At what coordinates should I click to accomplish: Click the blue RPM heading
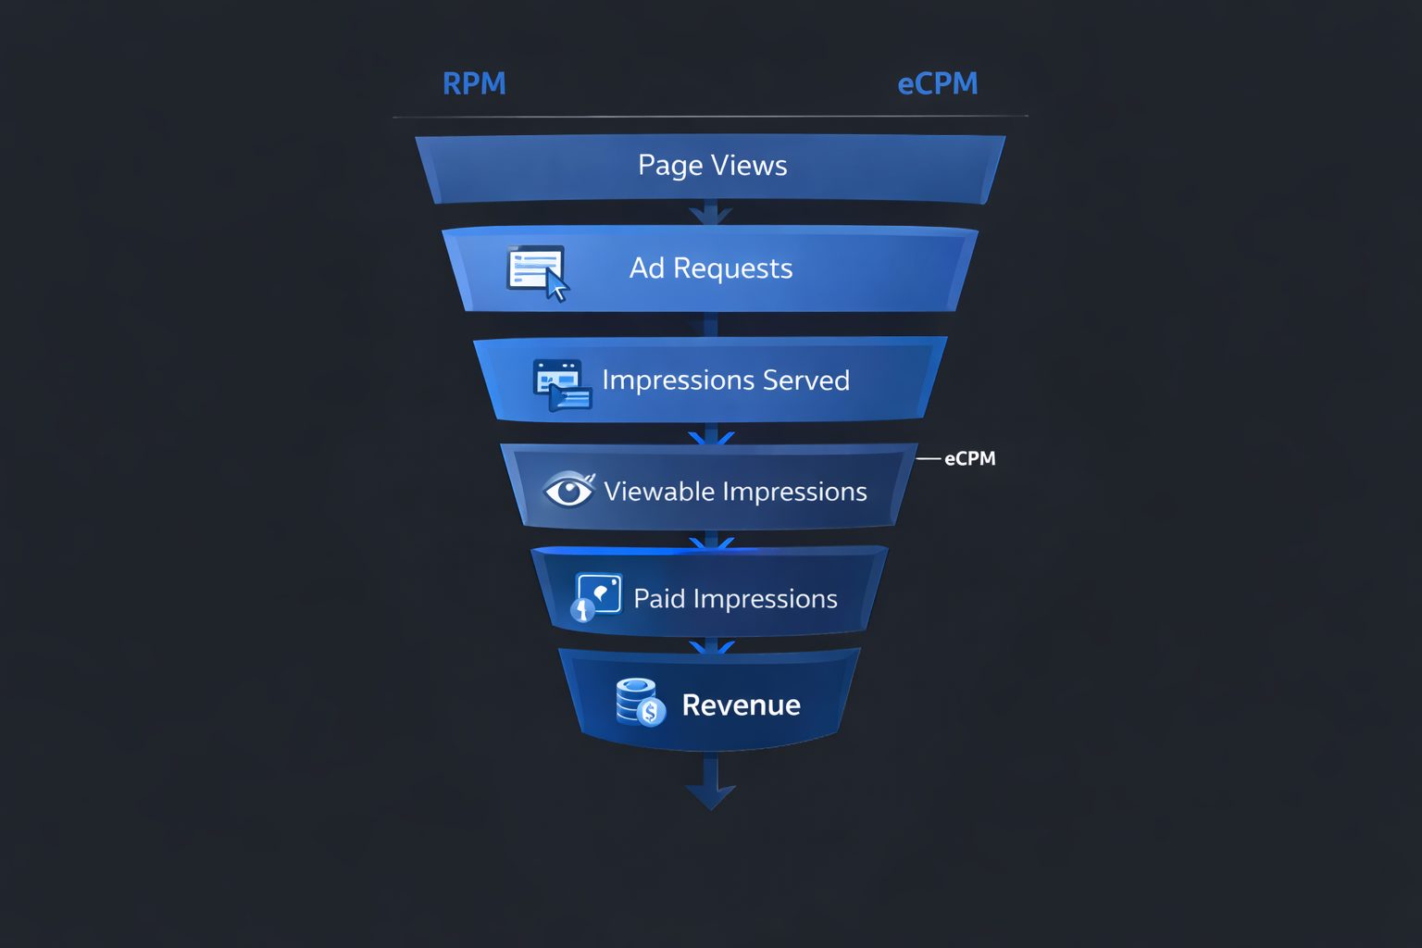point(474,84)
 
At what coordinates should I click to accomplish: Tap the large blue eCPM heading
point(937,84)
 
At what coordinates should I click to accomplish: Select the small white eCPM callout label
point(969,458)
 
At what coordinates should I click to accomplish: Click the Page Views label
point(712,166)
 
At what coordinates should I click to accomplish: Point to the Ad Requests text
point(711,268)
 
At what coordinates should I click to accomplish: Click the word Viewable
point(658,492)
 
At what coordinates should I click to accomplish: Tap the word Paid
point(659,599)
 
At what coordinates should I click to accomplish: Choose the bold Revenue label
point(741,705)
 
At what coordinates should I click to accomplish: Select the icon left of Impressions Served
point(561,383)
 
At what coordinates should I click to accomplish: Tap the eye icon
point(568,490)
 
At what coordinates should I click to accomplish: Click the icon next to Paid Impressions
point(595,596)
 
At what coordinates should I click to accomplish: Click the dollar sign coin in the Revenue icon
point(651,712)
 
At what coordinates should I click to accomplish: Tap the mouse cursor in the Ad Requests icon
point(556,288)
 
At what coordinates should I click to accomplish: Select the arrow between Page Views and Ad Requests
point(710,216)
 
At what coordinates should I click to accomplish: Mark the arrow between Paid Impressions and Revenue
point(710,645)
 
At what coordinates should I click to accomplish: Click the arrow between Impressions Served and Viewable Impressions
point(711,435)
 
